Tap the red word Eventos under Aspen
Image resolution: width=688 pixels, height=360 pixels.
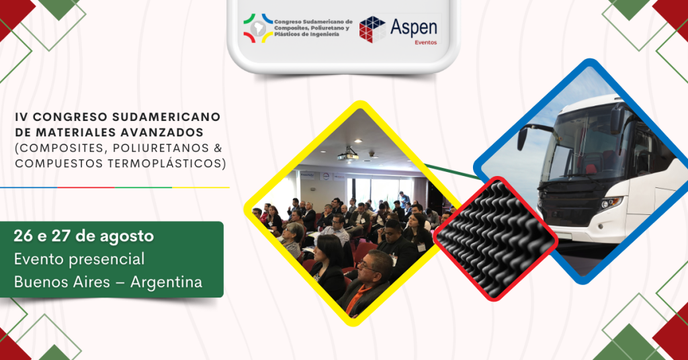[x=425, y=42]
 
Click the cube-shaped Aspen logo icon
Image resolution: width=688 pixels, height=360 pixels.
[x=372, y=30]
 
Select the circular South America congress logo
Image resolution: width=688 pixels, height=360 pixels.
[x=258, y=28]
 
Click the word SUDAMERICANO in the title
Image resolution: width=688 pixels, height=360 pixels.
[x=167, y=117]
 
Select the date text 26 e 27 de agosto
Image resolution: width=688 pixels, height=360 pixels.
[x=84, y=236]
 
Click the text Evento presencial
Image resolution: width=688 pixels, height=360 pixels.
[x=79, y=259]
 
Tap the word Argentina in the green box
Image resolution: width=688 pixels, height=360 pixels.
[x=167, y=282]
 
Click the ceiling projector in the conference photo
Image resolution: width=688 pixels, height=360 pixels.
[x=347, y=154]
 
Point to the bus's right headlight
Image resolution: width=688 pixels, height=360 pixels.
[x=610, y=203]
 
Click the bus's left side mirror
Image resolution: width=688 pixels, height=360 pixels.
[x=522, y=138]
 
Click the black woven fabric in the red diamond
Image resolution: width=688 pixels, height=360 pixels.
[x=495, y=239]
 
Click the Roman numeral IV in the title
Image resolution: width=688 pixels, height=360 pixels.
[x=21, y=117]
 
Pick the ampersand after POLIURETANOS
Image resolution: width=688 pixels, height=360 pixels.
[x=218, y=148]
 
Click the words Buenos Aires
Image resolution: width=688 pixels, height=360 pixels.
[x=62, y=282]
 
